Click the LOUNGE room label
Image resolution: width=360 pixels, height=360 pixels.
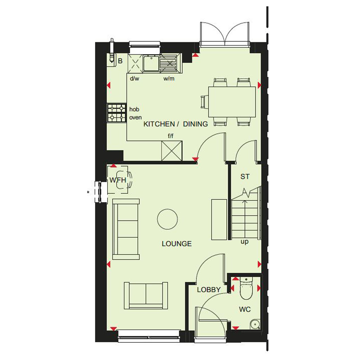pyautogui.click(x=176, y=244)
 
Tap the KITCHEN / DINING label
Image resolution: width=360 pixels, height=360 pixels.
pyautogui.click(x=176, y=124)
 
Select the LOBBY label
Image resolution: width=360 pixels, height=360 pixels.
pyautogui.click(x=209, y=290)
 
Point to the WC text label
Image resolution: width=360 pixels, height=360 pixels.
pyautogui.click(x=245, y=309)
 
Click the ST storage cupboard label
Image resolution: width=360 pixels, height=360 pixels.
pyautogui.click(x=245, y=176)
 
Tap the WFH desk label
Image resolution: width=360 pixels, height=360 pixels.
pyautogui.click(x=118, y=180)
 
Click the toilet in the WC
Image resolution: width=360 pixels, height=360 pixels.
pyautogui.click(x=246, y=288)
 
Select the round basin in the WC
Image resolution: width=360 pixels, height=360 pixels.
pyautogui.click(x=255, y=324)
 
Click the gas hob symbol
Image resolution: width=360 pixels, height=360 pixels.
pyautogui.click(x=117, y=113)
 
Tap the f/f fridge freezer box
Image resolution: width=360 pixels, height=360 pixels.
pyautogui.click(x=172, y=151)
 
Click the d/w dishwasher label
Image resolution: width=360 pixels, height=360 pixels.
pyautogui.click(x=135, y=78)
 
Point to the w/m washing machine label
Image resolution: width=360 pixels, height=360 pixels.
pyautogui.click(x=169, y=78)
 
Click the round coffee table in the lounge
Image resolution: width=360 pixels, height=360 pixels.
pyautogui.click(x=167, y=219)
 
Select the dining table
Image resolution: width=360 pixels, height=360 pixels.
pyautogui.click(x=232, y=102)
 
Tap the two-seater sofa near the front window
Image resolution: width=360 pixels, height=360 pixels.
pyautogui.click(x=146, y=295)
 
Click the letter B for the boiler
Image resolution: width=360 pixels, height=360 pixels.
pyautogui.click(x=120, y=61)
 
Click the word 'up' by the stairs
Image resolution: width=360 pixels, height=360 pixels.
pyautogui.click(x=245, y=242)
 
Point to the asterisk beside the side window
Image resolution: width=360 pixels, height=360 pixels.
pyautogui.click(x=88, y=192)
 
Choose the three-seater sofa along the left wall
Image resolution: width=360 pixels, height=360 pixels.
pyautogui.click(x=126, y=229)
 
